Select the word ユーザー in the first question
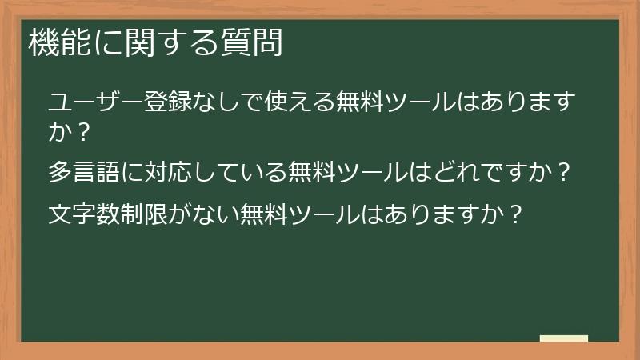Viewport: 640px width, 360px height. coord(86,103)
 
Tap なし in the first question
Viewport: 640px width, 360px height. coord(206,103)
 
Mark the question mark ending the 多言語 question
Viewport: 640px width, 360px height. coord(564,172)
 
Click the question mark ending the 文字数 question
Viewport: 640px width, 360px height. coord(516,214)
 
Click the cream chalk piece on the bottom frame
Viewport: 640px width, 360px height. coord(564,338)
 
